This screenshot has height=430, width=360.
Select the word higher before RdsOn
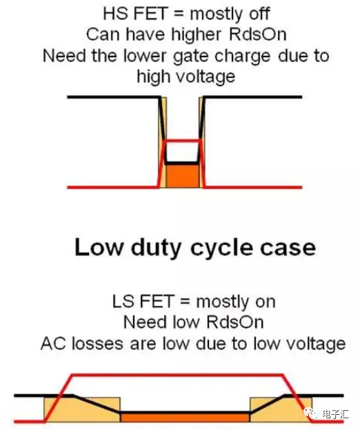(x=196, y=35)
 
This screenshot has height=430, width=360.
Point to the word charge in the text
(x=243, y=57)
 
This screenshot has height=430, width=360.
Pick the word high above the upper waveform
(x=152, y=76)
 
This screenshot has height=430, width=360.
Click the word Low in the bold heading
(x=99, y=247)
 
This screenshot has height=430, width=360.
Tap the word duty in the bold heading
(x=156, y=248)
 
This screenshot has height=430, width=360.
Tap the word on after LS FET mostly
(x=266, y=302)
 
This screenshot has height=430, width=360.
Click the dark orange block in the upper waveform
(x=183, y=176)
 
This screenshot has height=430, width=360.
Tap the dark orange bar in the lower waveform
(x=185, y=417)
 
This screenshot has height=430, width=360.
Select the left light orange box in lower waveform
(x=82, y=409)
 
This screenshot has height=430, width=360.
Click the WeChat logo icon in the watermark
(x=310, y=413)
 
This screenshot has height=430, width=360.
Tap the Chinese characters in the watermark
(x=335, y=414)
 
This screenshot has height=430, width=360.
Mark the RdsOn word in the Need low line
(x=235, y=322)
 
